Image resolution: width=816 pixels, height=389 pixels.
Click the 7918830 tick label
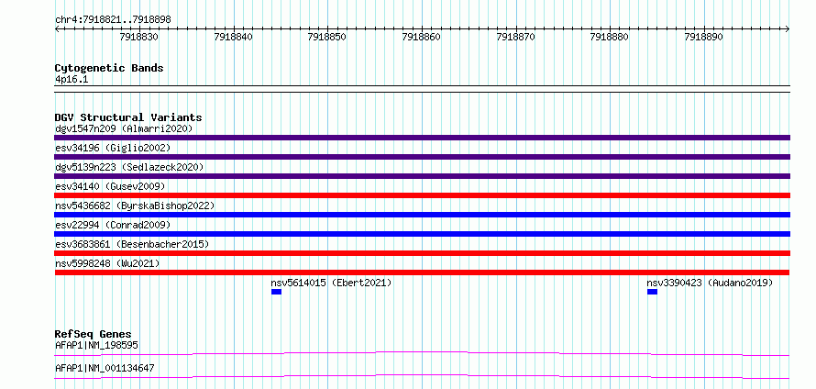point(139,37)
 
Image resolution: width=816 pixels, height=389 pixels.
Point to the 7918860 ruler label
point(422,37)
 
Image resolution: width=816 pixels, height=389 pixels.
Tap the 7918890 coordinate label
point(704,37)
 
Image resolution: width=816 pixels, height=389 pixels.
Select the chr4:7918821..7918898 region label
point(113,20)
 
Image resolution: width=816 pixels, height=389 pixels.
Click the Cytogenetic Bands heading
point(109,68)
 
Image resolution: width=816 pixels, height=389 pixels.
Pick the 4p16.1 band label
point(72,80)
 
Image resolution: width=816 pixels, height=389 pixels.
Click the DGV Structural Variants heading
point(128,117)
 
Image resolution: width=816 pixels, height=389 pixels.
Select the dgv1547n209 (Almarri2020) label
point(124,128)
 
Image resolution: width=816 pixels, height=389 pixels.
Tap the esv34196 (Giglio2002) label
point(113,148)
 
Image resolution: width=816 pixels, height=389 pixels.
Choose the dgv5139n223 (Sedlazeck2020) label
point(129,167)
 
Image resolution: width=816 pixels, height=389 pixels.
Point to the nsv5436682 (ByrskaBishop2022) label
point(135,206)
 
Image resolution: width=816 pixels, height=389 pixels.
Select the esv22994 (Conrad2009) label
point(113,225)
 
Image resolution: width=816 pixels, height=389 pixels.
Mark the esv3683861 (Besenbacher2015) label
point(132,244)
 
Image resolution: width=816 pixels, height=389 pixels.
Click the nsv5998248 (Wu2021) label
point(107,263)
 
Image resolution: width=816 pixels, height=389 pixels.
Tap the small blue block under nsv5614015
point(276,292)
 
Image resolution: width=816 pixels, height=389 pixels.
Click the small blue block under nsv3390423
point(652,292)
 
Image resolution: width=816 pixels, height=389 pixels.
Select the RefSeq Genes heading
point(94,334)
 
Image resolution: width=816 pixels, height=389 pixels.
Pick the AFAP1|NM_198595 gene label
point(96,345)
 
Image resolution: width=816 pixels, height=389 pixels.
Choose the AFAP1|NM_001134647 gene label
point(105,369)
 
